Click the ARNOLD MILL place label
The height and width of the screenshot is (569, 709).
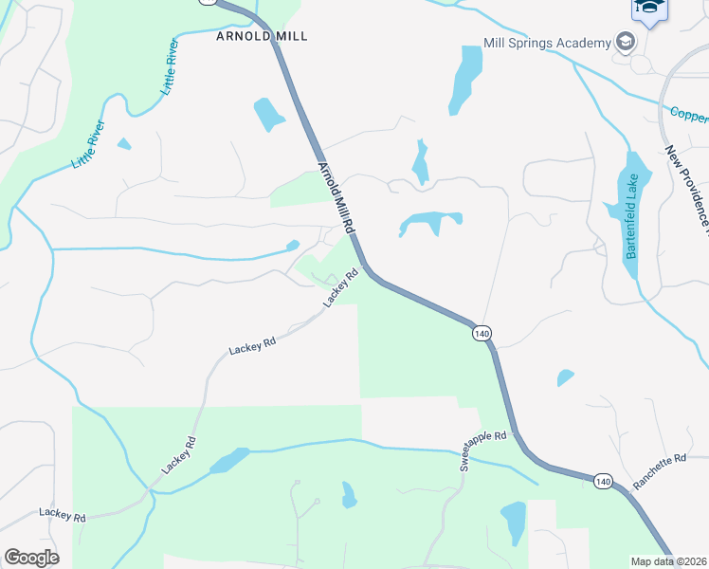[263, 36]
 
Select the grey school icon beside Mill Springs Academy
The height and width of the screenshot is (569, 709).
[625, 42]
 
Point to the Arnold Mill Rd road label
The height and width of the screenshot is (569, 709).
[336, 199]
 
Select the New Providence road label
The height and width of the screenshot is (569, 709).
[686, 190]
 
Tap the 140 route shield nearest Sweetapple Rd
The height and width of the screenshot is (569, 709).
[482, 333]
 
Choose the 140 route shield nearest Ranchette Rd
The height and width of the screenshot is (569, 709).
[604, 482]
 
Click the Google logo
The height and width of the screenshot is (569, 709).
[31, 558]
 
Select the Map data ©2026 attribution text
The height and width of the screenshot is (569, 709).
[669, 561]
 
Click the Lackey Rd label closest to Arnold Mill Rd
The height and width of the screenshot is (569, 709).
[342, 287]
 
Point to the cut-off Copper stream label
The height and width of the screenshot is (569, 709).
[689, 115]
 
